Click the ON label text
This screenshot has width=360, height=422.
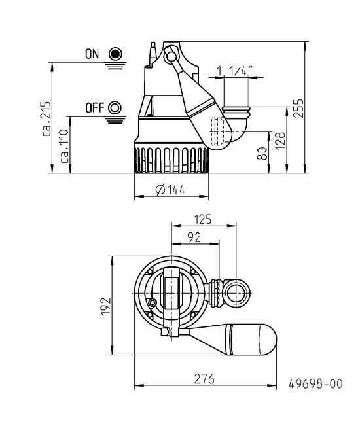(92, 54)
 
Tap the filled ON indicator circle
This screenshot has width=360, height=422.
(115, 54)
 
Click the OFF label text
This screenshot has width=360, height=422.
(94, 108)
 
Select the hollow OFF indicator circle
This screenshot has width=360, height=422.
(115, 108)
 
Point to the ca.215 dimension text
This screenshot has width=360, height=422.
(46, 118)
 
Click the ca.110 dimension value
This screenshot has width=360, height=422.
(64, 146)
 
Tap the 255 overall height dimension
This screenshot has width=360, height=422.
(298, 108)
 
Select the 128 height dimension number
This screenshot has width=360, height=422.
(280, 141)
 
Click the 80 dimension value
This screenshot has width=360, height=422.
(262, 153)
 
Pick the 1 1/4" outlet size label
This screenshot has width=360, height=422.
(235, 71)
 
